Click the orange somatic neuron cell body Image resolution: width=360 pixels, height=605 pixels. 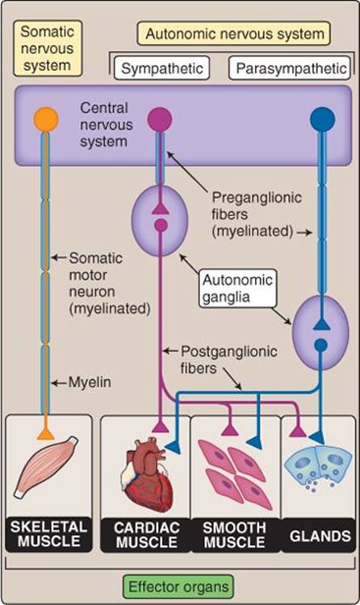46,119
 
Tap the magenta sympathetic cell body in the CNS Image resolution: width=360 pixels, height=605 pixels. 160,119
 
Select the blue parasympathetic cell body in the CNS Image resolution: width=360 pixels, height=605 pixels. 323,119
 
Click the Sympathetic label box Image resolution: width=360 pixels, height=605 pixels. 162,69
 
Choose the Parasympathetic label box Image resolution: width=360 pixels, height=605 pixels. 290,69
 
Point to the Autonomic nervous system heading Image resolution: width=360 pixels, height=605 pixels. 234,34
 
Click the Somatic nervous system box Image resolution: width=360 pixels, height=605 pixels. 47,48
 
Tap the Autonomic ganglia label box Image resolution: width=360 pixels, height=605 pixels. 237,288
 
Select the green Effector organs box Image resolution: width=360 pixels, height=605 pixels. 178,587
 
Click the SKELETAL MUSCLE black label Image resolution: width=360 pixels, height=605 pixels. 48,534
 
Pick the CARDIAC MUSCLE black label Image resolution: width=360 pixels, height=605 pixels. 146,535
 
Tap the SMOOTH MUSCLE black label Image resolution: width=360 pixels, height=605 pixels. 234,535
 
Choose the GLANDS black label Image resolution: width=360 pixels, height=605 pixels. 320,536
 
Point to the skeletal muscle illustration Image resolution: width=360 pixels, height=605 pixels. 45,466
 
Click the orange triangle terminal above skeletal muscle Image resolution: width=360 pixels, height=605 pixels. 45,434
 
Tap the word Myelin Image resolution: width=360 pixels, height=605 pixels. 90,382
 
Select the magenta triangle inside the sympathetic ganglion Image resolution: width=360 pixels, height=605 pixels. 160,209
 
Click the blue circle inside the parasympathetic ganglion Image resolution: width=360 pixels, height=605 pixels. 320,345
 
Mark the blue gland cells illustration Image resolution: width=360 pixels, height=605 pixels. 318,468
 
